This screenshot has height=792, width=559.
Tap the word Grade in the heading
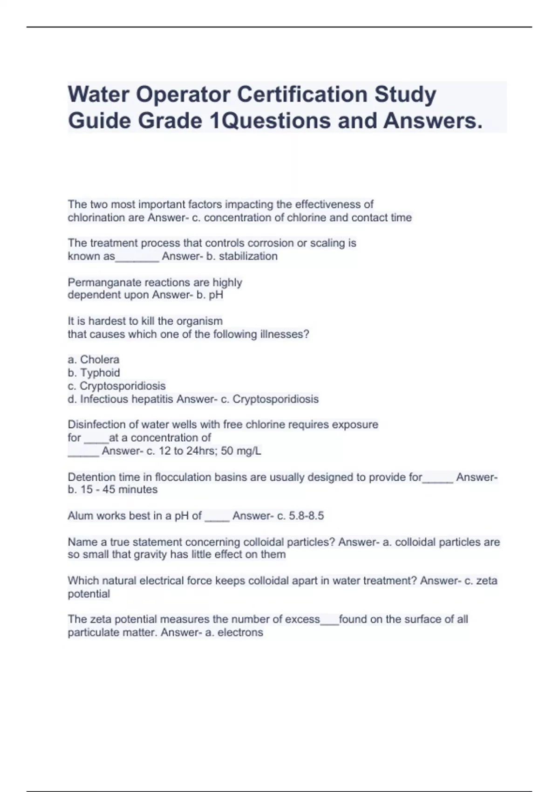(170, 121)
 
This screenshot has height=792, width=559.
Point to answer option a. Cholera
(94, 360)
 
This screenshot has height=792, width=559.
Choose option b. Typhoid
(94, 373)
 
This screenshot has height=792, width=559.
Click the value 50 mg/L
(241, 451)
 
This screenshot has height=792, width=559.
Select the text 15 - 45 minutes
(119, 490)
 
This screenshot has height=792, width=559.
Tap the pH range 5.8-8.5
(307, 516)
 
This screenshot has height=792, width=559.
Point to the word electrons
(240, 633)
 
